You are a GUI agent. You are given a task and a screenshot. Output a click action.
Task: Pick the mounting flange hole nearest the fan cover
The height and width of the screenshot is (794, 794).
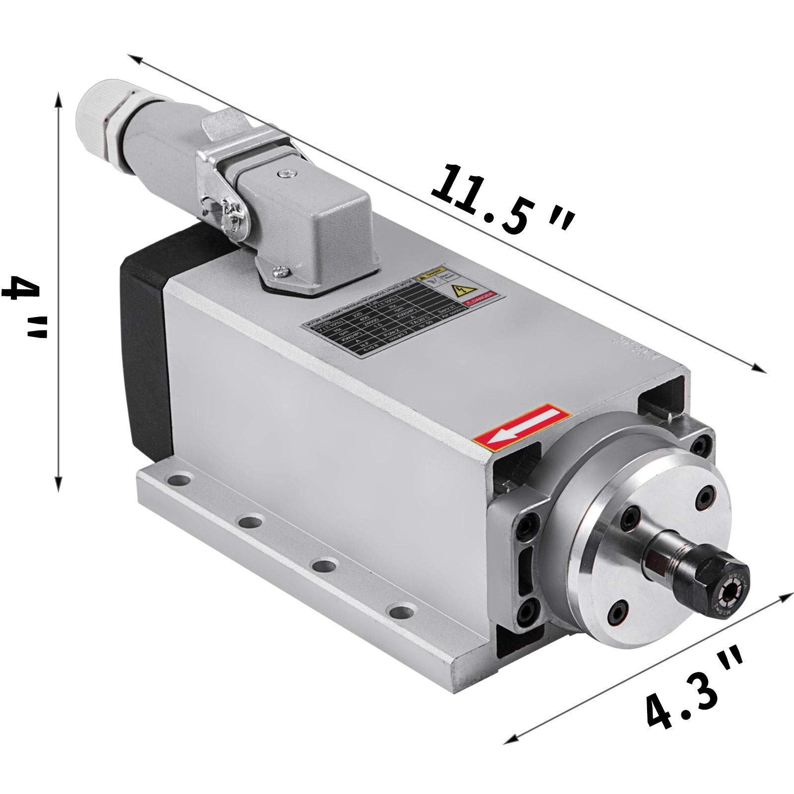tap(180, 480)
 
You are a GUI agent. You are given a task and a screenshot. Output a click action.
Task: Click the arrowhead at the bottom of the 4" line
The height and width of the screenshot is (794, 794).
tap(59, 483)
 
